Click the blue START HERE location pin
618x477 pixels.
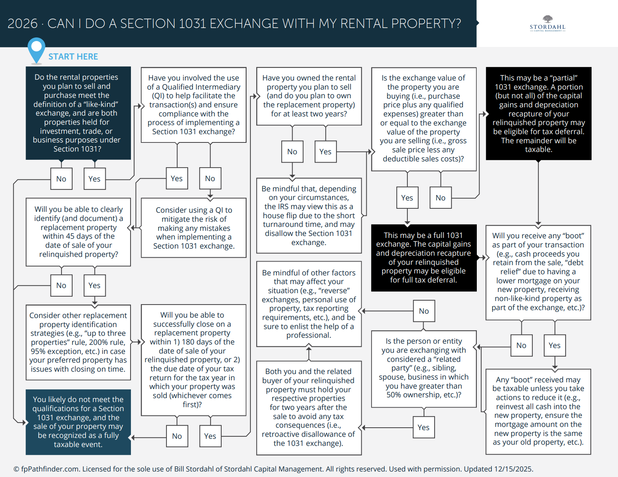pyautogui.click(x=36, y=49)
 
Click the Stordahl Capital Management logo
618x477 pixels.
pyautogui.click(x=547, y=24)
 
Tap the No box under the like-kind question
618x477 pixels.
pyautogui.click(x=61, y=179)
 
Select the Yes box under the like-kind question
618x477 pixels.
pyautogui.click(x=94, y=179)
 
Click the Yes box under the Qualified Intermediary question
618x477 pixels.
pyautogui.click(x=177, y=178)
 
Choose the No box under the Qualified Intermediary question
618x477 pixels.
pyautogui.click(x=210, y=178)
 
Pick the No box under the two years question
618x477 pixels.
pyautogui.click(x=292, y=152)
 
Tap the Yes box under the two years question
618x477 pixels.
pyautogui.click(x=325, y=152)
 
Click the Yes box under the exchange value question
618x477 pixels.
pyautogui.click(x=407, y=198)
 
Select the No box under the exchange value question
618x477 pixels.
pyautogui.click(x=441, y=198)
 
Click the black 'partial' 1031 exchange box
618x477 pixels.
pyautogui.click(x=538, y=114)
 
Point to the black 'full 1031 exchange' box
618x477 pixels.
pyautogui.click(x=424, y=258)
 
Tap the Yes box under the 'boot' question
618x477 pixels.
pyautogui.click(x=555, y=345)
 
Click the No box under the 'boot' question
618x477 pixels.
pyautogui.click(x=521, y=345)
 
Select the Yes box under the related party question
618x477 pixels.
pyautogui.click(x=424, y=427)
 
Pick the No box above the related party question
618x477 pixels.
pyautogui.click(x=424, y=311)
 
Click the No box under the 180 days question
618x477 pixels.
pyautogui.click(x=177, y=436)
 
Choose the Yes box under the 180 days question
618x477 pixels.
pyautogui.click(x=210, y=436)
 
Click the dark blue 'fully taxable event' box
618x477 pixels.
pyautogui.click(x=78, y=422)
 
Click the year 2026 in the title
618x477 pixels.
pyautogui.click(x=22, y=24)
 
